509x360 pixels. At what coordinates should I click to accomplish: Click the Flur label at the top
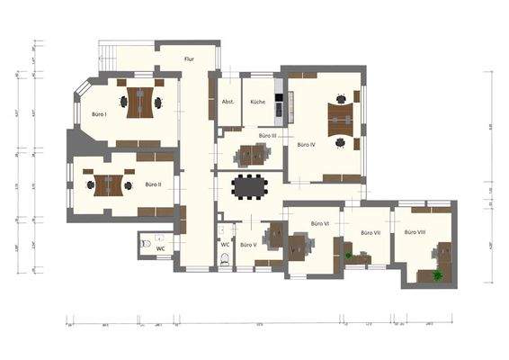189,59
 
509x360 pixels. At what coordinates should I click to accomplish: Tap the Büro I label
99,114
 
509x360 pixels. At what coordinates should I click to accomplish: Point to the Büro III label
267,135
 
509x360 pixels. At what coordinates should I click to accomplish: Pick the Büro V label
249,244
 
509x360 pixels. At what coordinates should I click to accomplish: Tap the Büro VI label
319,222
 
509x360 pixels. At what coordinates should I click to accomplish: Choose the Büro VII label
371,233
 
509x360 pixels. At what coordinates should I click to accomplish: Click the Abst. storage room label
228,102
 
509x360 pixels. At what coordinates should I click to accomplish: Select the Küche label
258,102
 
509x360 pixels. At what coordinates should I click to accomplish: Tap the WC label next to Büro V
225,244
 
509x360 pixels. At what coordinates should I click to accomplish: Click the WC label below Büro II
160,247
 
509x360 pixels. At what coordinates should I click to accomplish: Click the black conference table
251,186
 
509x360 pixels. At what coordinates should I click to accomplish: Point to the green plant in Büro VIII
439,275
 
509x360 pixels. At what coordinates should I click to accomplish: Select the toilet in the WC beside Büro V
225,259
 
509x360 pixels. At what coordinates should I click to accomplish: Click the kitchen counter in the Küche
280,101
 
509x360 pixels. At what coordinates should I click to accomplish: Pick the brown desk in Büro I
139,102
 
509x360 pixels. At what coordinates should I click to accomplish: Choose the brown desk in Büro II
110,184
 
